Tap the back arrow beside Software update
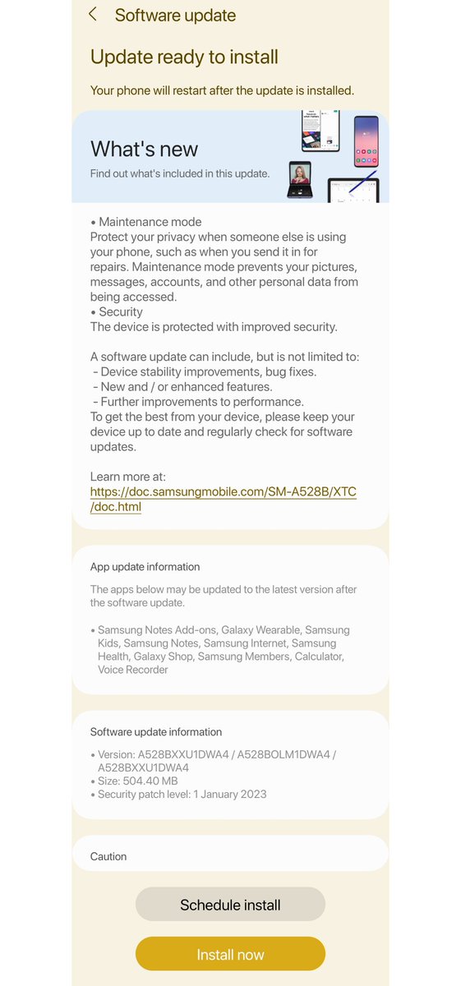93,15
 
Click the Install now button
230,954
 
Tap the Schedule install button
230,905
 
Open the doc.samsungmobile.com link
223,499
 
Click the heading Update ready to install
184,57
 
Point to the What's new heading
144,149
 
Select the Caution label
108,856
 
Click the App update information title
145,567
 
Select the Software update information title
156,731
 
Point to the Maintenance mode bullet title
150,222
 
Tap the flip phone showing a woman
300,180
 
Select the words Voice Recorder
132,670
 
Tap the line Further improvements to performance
201,402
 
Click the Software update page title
175,15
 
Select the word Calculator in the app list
316,657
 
